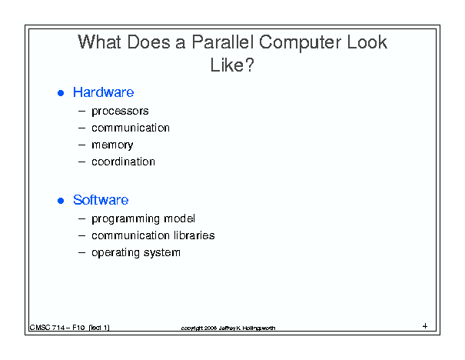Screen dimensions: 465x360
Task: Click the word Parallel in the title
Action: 222,42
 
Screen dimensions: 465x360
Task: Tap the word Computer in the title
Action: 300,43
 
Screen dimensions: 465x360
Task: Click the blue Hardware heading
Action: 103,92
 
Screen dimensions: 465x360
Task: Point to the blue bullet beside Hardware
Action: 61,93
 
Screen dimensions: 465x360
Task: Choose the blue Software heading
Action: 101,200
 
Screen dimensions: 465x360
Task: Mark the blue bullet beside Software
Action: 61,201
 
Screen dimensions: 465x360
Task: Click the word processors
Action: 120,112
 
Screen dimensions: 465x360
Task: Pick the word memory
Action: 112,145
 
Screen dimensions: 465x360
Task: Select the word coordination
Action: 123,162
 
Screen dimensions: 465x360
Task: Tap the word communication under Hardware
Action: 131,128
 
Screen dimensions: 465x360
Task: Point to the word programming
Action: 126,219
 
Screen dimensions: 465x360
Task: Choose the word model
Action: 179,218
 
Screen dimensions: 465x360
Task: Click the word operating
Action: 115,253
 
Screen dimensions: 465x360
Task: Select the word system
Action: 162,253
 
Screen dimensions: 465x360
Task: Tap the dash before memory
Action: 81,145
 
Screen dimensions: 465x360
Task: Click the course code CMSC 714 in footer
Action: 47,328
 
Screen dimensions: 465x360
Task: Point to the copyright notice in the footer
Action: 228,328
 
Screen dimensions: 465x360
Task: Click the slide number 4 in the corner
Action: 425,326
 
